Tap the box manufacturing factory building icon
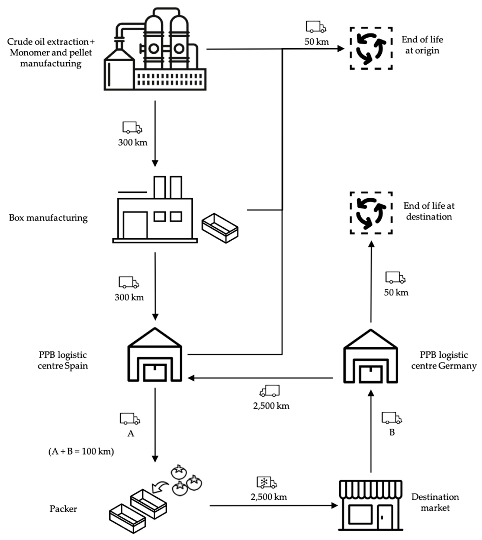pyautogui.click(x=155, y=212)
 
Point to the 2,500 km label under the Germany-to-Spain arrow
pyautogui.click(x=271, y=406)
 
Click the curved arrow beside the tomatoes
pyautogui.click(x=160, y=487)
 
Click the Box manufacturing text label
pyautogui.click(x=48, y=218)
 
